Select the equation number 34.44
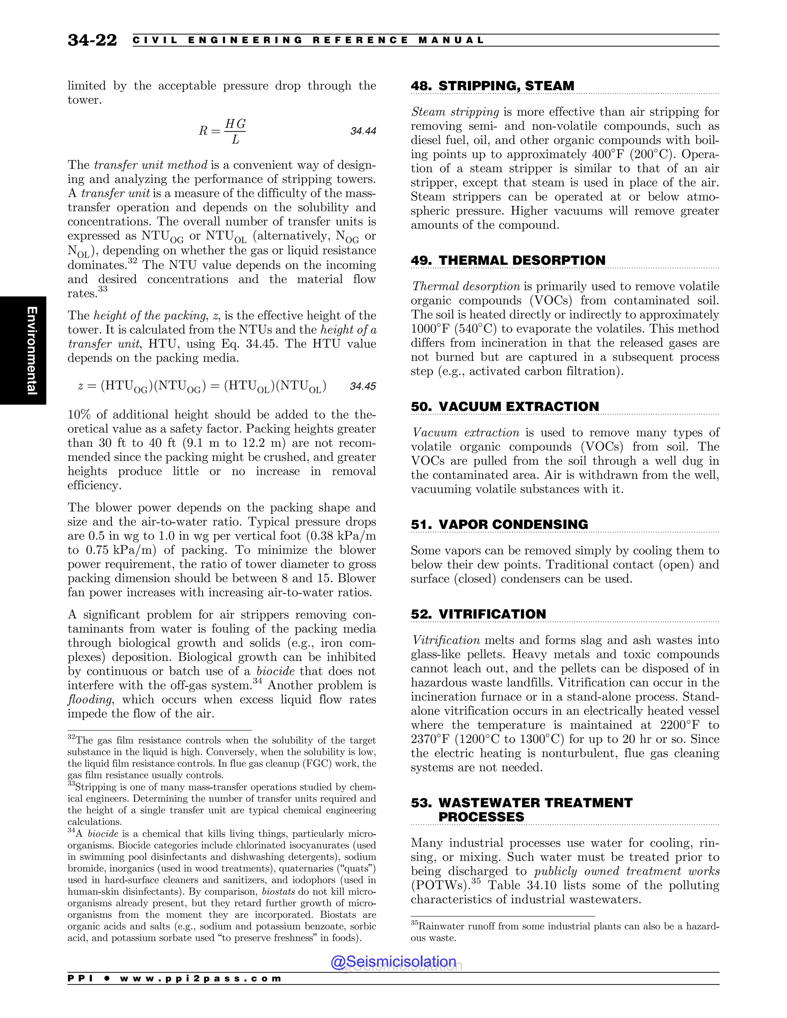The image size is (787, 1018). coord(363,131)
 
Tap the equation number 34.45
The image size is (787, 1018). coord(362,386)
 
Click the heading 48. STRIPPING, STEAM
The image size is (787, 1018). coord(492,86)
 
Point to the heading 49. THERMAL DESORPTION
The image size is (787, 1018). coord(508,260)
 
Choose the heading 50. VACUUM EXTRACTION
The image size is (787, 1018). coord(505,406)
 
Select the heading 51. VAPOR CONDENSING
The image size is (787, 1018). coord(499,524)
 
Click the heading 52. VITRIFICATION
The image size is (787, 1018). coord(478,614)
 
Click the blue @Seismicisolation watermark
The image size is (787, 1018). coord(393,961)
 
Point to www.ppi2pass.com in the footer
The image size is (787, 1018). coord(201,978)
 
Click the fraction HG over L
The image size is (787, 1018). coord(235,131)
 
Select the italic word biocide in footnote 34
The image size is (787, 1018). coord(103,834)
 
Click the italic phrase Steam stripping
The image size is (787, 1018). coord(455,112)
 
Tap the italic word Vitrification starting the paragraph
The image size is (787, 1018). coord(446,640)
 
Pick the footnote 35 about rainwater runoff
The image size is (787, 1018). coord(564,932)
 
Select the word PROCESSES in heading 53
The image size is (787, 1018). coord(481,817)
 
